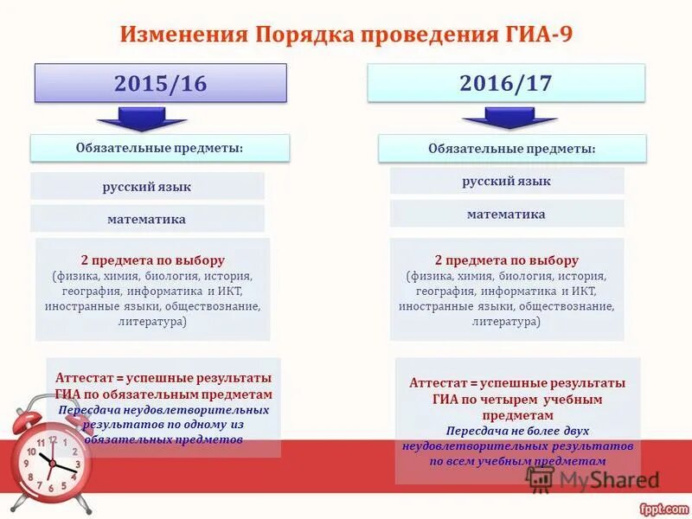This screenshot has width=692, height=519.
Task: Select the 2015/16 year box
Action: point(160,83)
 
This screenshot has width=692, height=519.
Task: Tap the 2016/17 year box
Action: point(506,83)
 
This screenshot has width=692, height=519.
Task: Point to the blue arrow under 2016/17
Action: point(497,118)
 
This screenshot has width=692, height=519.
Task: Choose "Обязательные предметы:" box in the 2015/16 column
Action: point(159,148)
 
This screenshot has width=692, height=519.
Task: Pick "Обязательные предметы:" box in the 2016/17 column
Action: point(512,148)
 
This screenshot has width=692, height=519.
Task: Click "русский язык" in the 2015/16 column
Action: point(147,187)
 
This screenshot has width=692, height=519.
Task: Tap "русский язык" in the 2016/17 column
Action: point(506,181)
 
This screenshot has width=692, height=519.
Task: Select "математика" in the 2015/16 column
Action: point(147,219)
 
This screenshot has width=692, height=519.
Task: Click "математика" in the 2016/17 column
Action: point(506,214)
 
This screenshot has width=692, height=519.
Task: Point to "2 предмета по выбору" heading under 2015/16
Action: point(153,259)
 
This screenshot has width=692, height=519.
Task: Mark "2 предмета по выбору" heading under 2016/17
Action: point(507,259)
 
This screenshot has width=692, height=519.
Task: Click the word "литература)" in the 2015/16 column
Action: point(152,321)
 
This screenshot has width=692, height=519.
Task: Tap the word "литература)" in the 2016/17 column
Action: point(506,321)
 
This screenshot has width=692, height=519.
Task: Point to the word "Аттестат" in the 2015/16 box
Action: point(84,378)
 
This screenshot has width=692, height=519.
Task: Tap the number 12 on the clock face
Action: point(53,440)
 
